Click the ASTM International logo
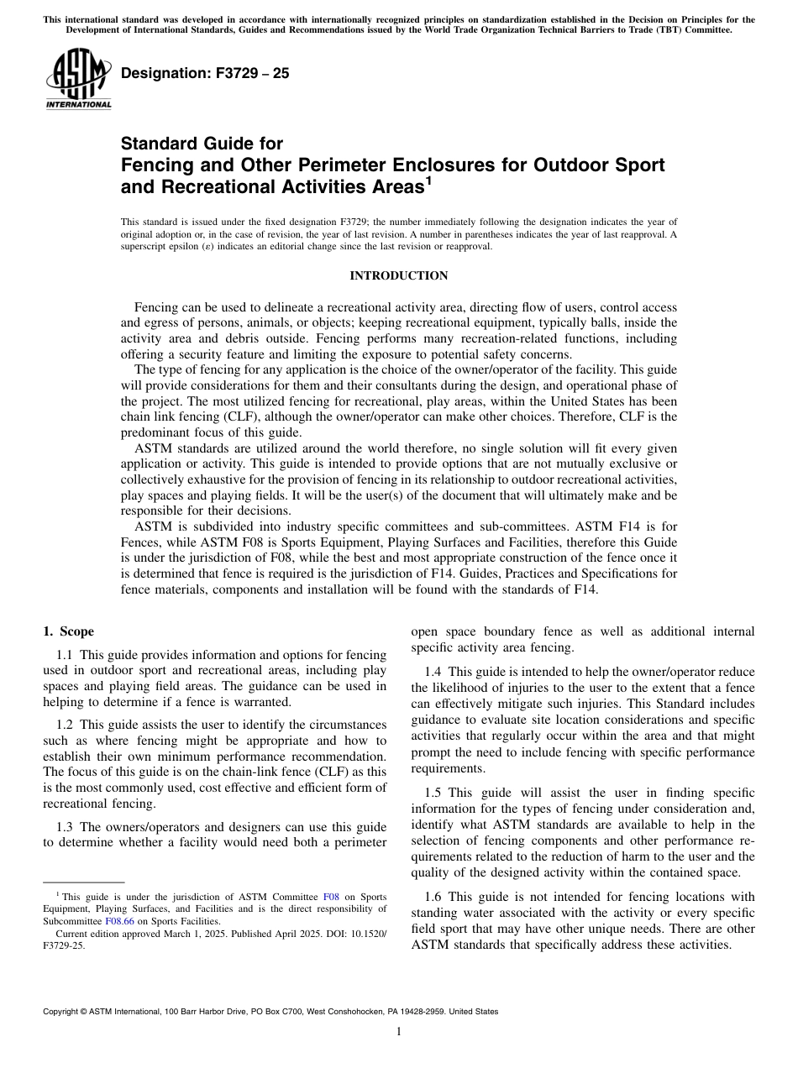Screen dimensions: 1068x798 (78, 80)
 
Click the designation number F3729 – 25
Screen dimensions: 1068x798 (205, 73)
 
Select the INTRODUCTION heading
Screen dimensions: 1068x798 (399, 275)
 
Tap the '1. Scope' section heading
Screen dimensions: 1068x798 (68, 631)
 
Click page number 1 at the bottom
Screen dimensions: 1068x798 (399, 1031)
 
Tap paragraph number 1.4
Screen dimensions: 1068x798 (433, 672)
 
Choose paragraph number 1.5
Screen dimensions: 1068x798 (433, 793)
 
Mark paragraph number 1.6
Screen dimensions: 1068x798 (433, 897)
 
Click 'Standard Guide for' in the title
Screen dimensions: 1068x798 (202, 144)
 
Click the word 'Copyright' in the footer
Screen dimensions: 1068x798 (63, 1012)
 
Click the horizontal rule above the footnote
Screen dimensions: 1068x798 (83, 882)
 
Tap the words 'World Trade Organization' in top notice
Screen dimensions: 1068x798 (466, 30)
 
